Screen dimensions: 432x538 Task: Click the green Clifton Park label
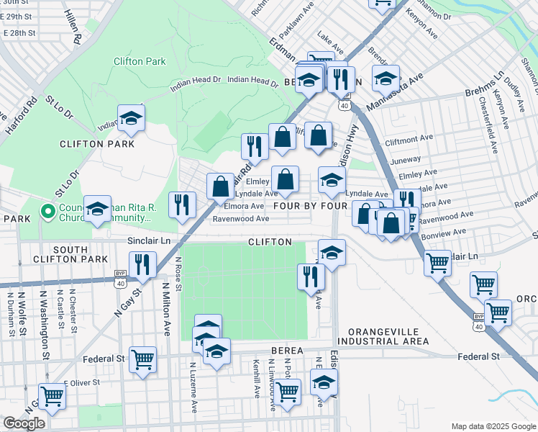point(140,62)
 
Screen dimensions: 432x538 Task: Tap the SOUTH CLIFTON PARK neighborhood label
point(70,253)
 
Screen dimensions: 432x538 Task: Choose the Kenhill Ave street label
point(257,379)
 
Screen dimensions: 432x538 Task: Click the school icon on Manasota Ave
point(386,78)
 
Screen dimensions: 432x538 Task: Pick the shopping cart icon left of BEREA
point(142,358)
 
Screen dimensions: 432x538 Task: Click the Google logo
point(24,423)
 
